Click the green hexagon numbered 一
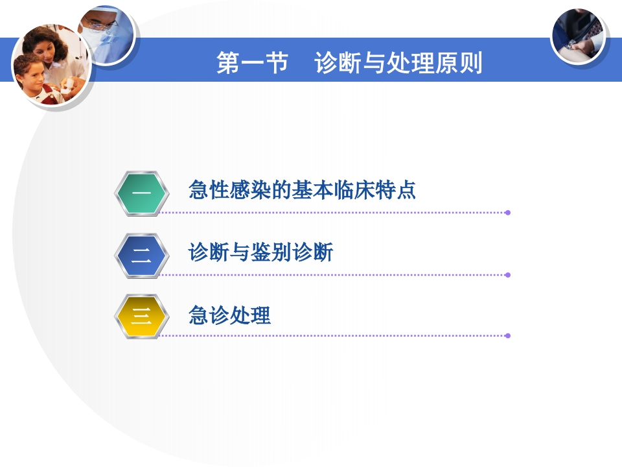coord(141,193)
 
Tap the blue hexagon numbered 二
coord(141,255)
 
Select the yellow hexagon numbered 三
coord(141,317)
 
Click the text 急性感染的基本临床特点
coord(302,190)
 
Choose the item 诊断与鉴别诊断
coord(260,252)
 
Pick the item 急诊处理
coord(229,316)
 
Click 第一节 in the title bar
coord(252,64)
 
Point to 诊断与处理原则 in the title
coord(398,64)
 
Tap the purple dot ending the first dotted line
coord(508,212)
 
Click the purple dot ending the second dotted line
coord(508,275)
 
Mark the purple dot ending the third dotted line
coord(508,336)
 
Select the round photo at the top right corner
coord(578,36)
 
